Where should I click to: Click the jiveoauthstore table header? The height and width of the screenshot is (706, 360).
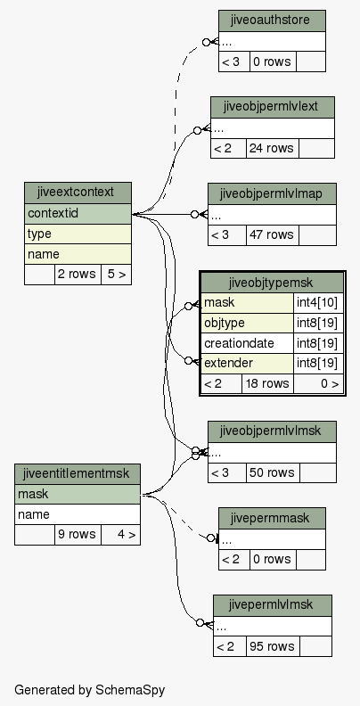(x=272, y=21)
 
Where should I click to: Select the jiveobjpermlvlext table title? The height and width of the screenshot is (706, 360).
(x=273, y=107)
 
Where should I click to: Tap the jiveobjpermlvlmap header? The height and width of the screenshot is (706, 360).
(x=272, y=193)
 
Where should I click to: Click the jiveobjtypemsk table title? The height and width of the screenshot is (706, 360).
(x=273, y=283)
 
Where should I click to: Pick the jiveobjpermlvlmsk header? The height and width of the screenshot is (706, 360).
(x=272, y=431)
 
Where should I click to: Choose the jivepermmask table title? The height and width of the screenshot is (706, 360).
(x=272, y=518)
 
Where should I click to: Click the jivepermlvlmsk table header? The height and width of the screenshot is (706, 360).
(x=273, y=605)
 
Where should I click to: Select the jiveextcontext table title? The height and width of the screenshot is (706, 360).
(x=78, y=193)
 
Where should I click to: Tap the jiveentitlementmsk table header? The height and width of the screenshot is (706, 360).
(x=78, y=474)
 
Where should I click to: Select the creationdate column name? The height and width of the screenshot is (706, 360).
(x=239, y=343)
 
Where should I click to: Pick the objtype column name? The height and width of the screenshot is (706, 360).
(x=225, y=323)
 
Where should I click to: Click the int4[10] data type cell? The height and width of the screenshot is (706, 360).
(x=318, y=303)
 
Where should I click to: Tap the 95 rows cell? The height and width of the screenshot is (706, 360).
(x=273, y=646)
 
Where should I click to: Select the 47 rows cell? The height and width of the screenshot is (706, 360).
(x=273, y=235)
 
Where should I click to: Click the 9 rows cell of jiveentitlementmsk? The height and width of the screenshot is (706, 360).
(x=78, y=535)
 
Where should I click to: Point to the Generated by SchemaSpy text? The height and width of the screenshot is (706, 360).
(x=89, y=690)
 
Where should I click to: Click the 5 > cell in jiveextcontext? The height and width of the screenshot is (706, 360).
(x=116, y=275)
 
